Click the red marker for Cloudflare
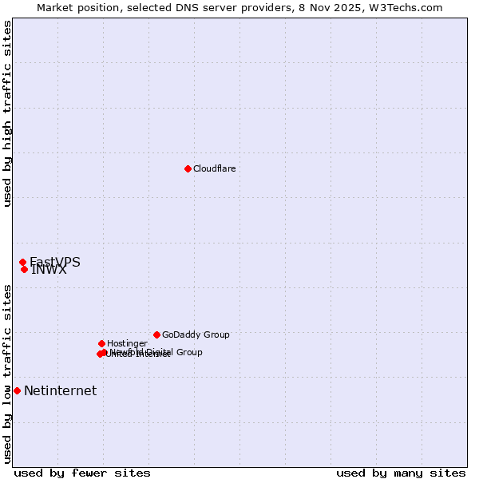click(188, 168)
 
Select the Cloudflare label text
click(214, 168)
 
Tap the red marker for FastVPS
click(22, 263)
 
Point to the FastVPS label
click(55, 262)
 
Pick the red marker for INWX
click(24, 269)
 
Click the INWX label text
click(49, 270)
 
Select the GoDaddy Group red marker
click(156, 335)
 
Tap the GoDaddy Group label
click(196, 335)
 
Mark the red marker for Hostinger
click(101, 343)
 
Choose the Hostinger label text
click(127, 343)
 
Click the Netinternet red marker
click(17, 390)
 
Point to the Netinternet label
click(60, 390)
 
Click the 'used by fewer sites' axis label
click(82, 473)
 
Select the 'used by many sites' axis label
click(401, 473)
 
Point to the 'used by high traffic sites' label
click(7, 114)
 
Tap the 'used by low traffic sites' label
click(7, 374)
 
